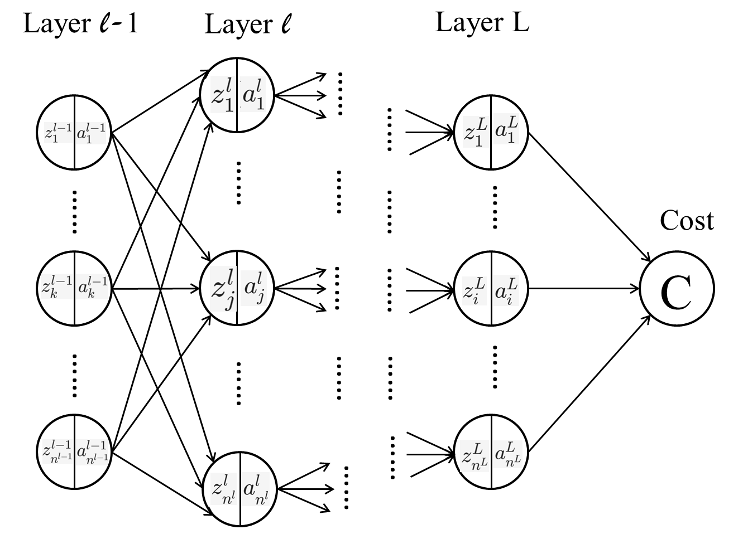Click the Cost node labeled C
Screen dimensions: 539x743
677,289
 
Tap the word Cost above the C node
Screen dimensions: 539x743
686,221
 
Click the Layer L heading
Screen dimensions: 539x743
482,23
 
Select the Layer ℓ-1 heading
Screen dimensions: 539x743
80,25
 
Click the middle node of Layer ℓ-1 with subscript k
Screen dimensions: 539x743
74,288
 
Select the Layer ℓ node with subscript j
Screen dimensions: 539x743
237,288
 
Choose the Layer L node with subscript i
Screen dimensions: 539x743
491,289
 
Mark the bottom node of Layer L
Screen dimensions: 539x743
491,450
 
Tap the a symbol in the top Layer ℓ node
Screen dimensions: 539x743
252,96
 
